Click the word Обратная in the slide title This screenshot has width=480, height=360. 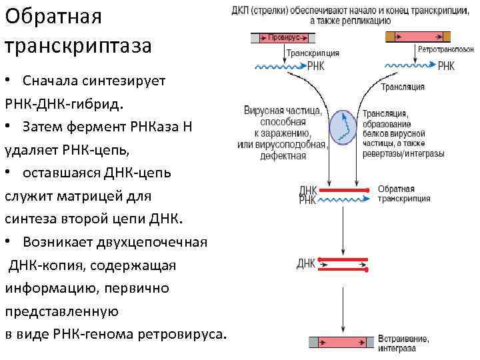(x=53, y=16)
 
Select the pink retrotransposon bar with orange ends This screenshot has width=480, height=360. (x=417, y=37)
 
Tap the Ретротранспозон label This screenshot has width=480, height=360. (x=445, y=51)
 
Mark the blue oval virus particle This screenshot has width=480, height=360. (x=344, y=127)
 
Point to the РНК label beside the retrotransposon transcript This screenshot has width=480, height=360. (x=446, y=66)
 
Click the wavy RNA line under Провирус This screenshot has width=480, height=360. (x=279, y=66)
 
